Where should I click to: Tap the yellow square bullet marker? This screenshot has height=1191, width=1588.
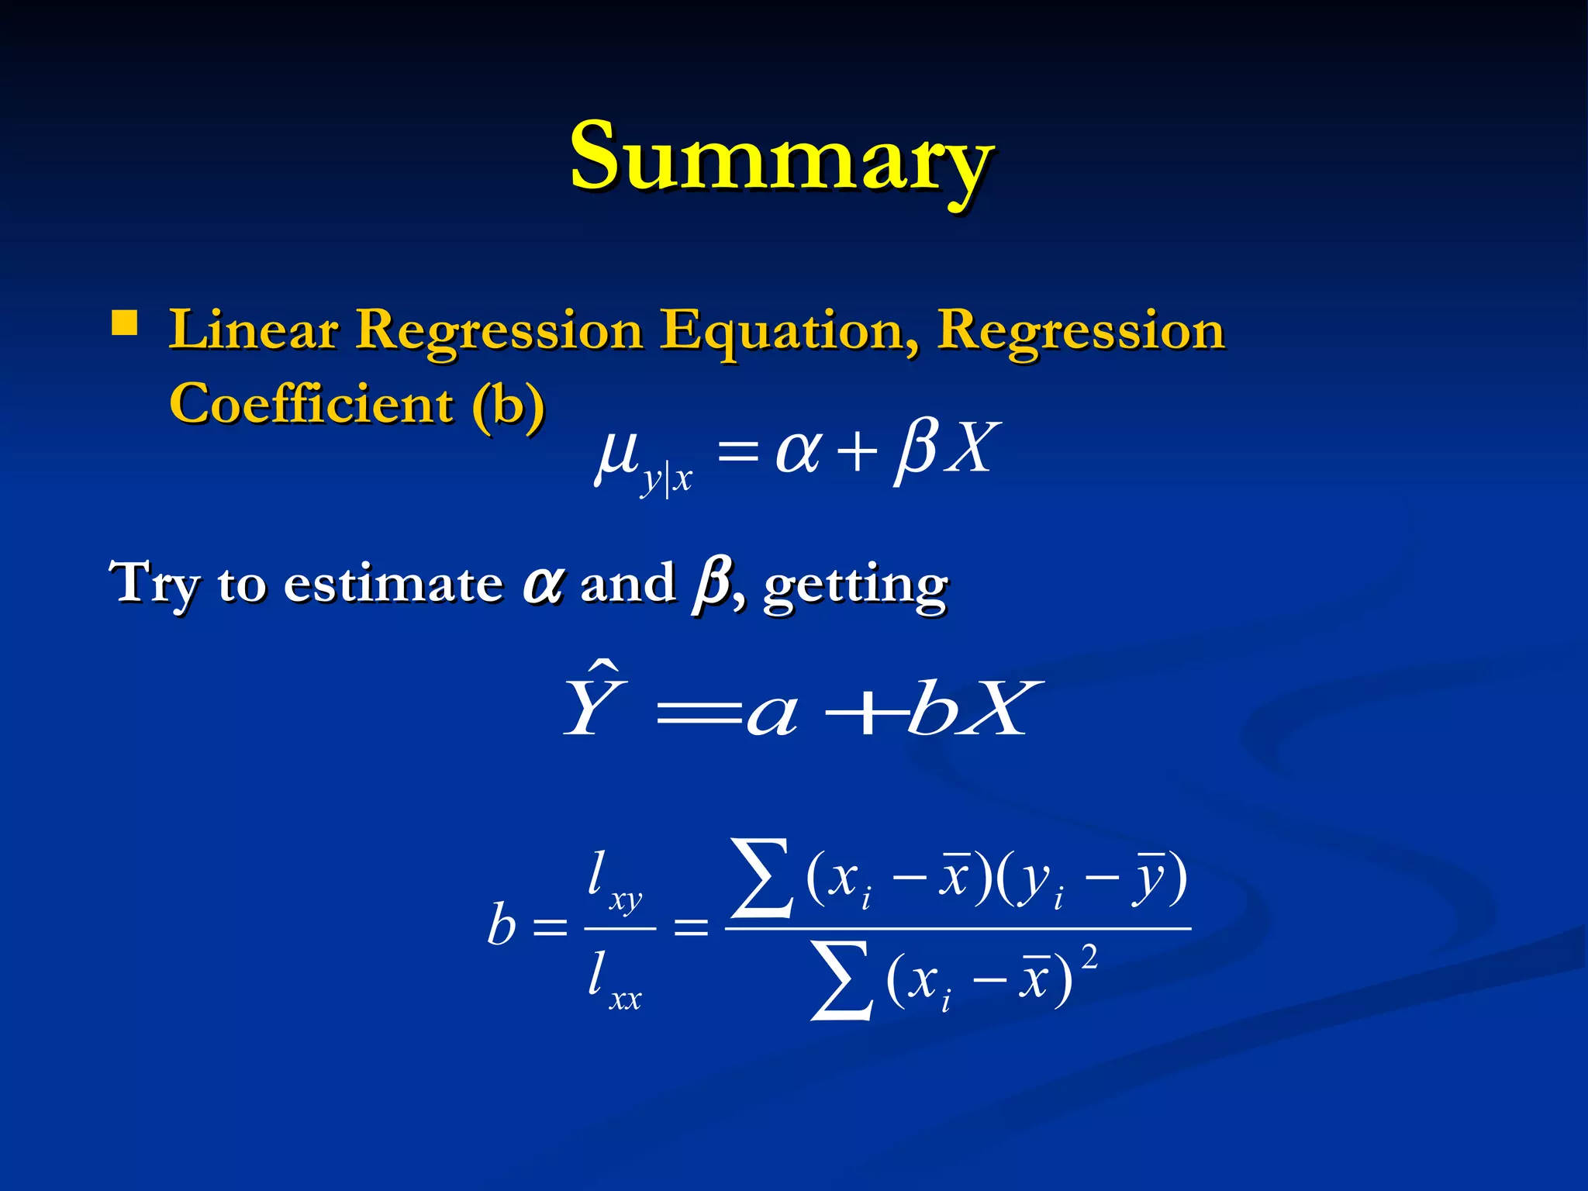coord(124,323)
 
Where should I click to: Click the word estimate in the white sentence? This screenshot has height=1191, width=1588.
coord(393,585)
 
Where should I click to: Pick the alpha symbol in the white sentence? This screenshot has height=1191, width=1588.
coord(542,585)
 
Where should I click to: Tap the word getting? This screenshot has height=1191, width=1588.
coord(855,587)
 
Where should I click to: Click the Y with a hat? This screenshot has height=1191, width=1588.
coord(594,702)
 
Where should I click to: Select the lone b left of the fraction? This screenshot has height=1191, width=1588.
coord(502,926)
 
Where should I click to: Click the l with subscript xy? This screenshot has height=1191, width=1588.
coord(613,881)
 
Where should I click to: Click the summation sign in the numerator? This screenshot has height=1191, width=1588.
coord(763,879)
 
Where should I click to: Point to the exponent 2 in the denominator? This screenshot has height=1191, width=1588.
coord(1089,958)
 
